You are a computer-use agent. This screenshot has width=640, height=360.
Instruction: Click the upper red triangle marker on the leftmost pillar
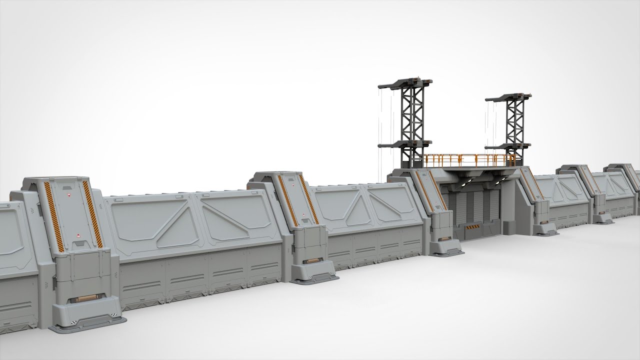pyautogui.click(x=69, y=192)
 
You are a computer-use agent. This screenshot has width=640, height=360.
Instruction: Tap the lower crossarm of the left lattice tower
pyautogui.click(x=405, y=144)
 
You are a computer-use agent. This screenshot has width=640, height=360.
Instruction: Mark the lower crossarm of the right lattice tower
pyautogui.click(x=508, y=146)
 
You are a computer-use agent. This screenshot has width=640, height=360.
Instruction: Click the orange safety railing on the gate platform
pyautogui.click(x=470, y=160)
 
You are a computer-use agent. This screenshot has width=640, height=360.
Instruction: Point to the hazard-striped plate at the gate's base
pyautogui.click(x=472, y=228)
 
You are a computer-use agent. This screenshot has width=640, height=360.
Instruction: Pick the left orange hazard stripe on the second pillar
pyautogui.click(x=285, y=200)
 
